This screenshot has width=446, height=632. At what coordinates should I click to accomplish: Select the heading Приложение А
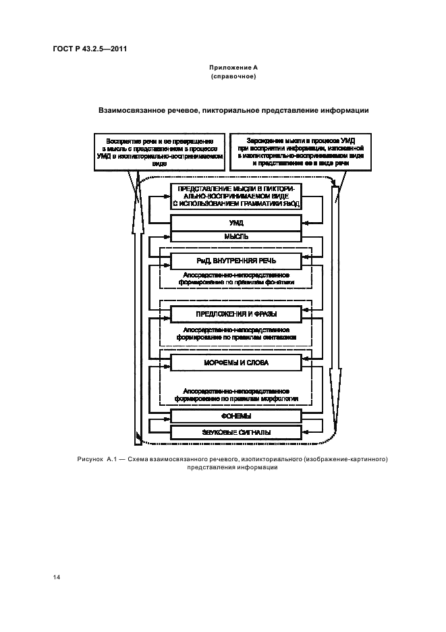tap(233, 68)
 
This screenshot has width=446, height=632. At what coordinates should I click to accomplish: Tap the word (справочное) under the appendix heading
tap(233, 76)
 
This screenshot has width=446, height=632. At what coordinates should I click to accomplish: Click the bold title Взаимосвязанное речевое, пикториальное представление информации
tap(233, 109)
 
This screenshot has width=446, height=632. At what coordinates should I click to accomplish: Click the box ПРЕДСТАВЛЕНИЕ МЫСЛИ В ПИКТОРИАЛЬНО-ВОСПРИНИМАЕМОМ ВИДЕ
tap(235, 195)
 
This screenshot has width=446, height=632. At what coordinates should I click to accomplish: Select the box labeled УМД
tap(235, 222)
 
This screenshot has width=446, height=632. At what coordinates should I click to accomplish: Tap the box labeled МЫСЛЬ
tap(235, 237)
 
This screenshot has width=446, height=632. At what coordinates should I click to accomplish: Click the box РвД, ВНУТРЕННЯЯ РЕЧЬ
tap(235, 260)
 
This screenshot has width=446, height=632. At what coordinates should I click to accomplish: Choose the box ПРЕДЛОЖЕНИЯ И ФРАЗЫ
tap(235, 314)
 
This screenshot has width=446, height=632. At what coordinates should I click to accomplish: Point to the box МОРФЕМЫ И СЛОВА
tap(235, 363)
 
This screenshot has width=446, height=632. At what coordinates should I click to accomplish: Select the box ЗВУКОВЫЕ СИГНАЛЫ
tap(235, 432)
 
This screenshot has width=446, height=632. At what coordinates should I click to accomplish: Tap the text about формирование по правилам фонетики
tap(236, 279)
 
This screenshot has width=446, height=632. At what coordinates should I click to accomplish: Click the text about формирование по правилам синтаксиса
tap(236, 333)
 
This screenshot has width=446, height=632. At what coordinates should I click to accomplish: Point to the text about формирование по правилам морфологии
tap(236, 394)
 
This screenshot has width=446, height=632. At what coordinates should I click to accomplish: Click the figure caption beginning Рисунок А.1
tap(233, 463)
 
